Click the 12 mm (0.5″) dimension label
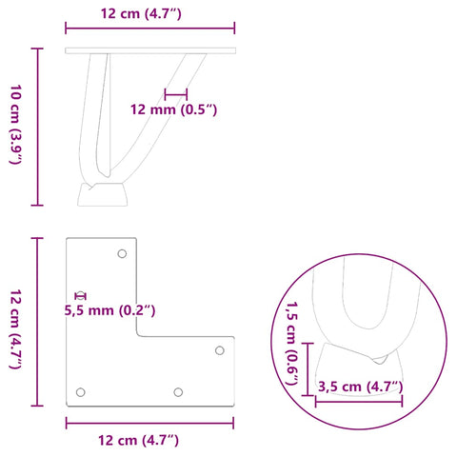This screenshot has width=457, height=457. pos(173,109)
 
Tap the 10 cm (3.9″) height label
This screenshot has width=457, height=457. pos(15,125)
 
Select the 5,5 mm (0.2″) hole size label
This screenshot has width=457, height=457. pos(109,310)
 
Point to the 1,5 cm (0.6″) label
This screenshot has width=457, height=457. pos(292,344)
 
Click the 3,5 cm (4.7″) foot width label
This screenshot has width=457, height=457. pos(360,387)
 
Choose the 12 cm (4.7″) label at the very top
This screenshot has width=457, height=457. pos(141,14)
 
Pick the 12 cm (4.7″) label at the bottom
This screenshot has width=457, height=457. pos(138,441)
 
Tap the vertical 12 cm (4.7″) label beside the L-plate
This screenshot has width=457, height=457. pos(15,329)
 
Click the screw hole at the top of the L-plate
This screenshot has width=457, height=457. pos(122,253)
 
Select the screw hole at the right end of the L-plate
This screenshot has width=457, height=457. pos(220,350)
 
